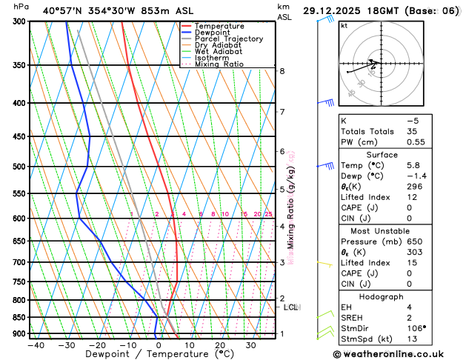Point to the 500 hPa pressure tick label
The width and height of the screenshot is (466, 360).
19,167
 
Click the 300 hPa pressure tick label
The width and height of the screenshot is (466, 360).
19,21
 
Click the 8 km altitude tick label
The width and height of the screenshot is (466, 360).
282,71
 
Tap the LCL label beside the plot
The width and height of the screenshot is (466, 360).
291,307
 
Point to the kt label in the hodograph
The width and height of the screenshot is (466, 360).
344,25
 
